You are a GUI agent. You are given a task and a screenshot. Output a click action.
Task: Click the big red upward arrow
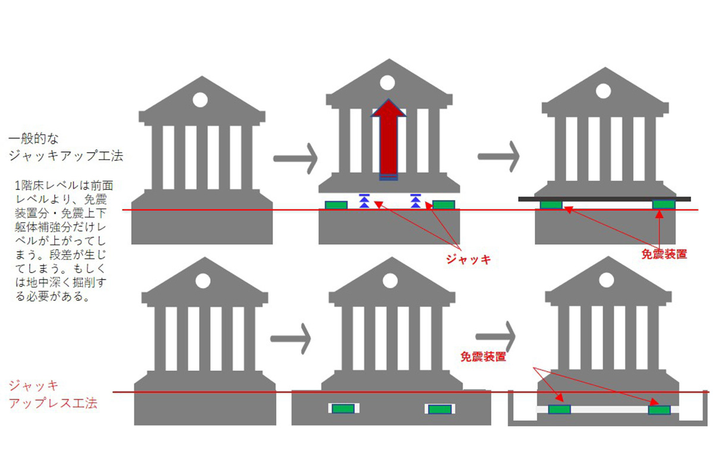(389, 140)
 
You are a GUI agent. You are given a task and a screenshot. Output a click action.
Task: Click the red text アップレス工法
(53, 404)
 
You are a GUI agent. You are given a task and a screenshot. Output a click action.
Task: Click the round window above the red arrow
(387, 82)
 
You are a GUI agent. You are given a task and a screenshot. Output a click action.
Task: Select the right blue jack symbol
(415, 200)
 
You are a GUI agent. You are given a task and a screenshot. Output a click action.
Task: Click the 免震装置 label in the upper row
(664, 254)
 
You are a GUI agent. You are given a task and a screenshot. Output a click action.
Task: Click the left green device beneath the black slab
(551, 205)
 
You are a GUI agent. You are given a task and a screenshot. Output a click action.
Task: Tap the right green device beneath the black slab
(664, 205)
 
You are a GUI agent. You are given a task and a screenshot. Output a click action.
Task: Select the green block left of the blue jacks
(336, 205)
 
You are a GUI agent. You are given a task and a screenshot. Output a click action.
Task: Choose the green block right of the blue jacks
(443, 205)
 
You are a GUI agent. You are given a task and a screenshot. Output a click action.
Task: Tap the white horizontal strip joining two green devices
(609, 409)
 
